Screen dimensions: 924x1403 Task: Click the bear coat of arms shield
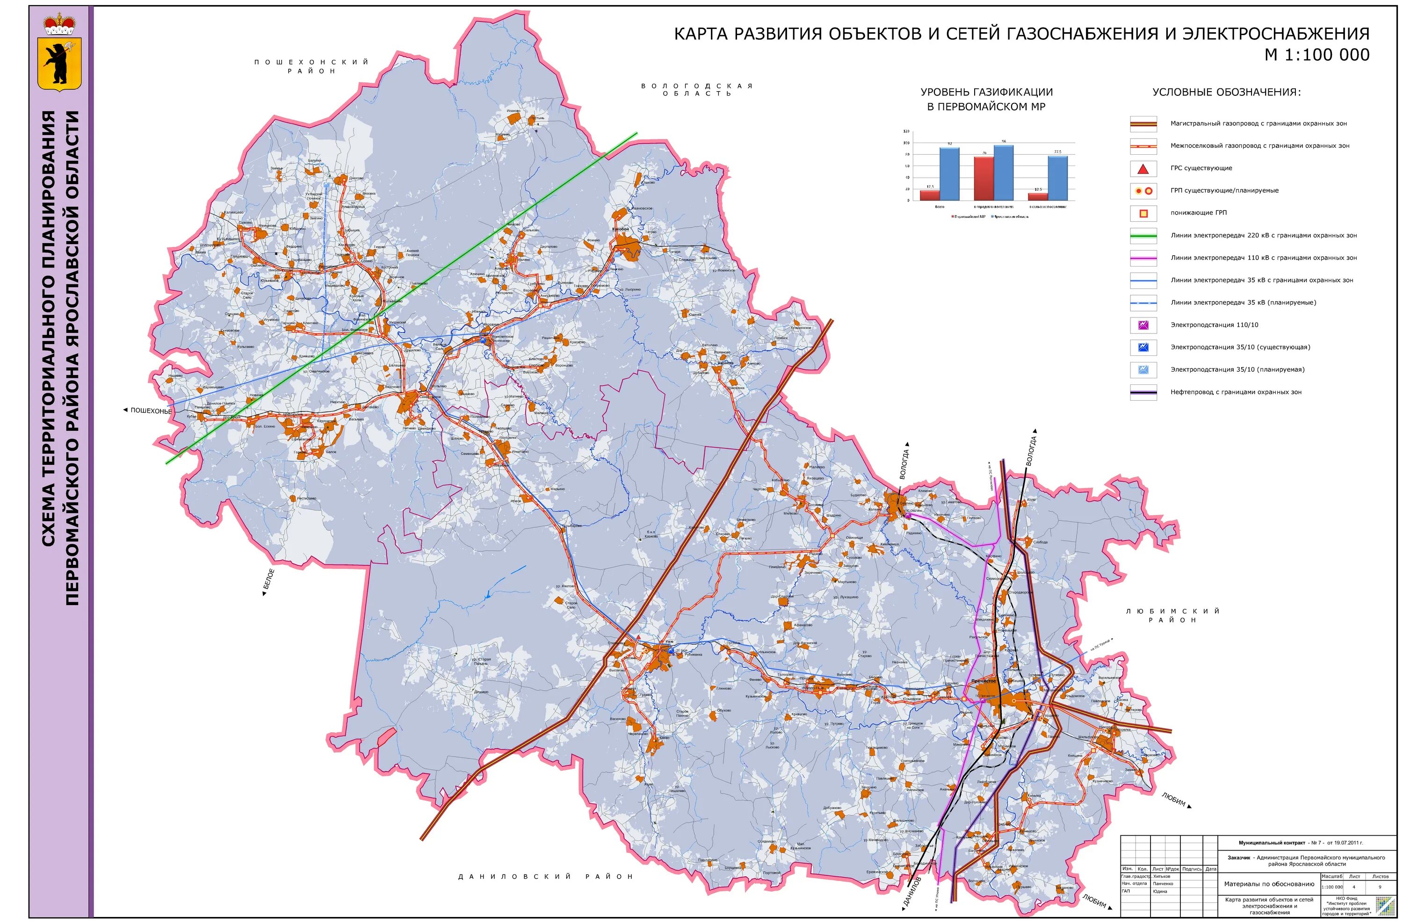[x=59, y=64]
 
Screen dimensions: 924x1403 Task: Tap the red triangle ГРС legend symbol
[x=1143, y=169]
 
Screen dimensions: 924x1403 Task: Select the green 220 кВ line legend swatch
[x=1143, y=235]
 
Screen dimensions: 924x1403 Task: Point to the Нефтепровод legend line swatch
[x=1143, y=392]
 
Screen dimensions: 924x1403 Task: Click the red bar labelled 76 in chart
[x=984, y=178]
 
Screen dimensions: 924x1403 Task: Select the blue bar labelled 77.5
[x=1057, y=177]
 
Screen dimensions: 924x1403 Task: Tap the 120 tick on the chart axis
[x=906, y=131]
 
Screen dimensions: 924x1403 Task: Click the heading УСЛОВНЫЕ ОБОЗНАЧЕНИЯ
[x=1226, y=92]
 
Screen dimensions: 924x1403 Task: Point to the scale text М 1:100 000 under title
[x=1316, y=55]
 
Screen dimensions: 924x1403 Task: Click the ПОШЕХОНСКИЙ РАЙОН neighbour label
[x=311, y=66]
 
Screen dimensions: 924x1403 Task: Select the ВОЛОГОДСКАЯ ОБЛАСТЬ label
[x=697, y=90]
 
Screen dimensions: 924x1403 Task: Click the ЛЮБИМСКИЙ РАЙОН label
[x=1172, y=615]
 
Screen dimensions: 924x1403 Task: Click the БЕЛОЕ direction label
[x=269, y=582]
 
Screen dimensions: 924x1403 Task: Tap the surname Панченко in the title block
[x=1163, y=883]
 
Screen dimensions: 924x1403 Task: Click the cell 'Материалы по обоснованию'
[x=1269, y=884]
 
